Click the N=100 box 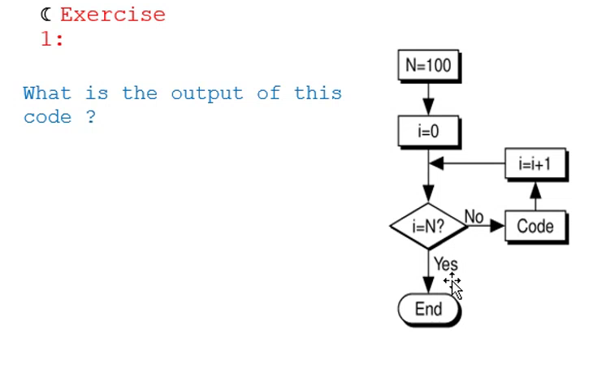428,66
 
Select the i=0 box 428,131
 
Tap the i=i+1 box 535,164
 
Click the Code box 535,226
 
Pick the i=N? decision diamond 428,227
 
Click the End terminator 428,309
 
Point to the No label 474,216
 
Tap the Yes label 445,264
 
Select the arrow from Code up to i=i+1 535,196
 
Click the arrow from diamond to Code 487,227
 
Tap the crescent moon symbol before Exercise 45,14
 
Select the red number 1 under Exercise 47,39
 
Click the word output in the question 206,93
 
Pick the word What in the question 47,93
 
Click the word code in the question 47,117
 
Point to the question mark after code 90,117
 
